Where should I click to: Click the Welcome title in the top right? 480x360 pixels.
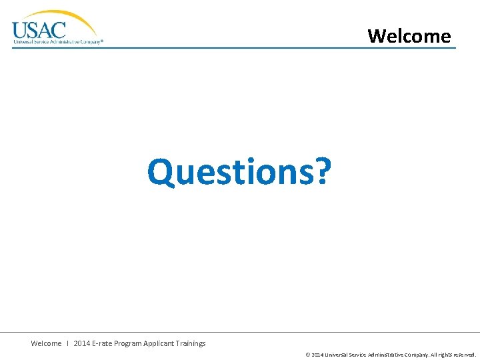pyautogui.click(x=409, y=35)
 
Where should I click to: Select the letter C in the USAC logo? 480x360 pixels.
pyautogui.click(x=59, y=30)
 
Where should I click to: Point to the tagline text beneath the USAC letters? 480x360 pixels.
pyautogui.click(x=58, y=41)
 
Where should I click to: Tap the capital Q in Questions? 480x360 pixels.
pyautogui.click(x=163, y=172)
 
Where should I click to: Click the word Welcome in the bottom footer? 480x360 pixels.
pyautogui.click(x=46, y=343)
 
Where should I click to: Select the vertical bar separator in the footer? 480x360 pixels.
pyautogui.click(x=68, y=343)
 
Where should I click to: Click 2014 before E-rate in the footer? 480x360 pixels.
pyautogui.click(x=83, y=343)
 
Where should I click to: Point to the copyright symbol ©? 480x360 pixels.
pyautogui.click(x=307, y=355)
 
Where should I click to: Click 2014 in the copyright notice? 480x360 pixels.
pyautogui.click(x=317, y=355)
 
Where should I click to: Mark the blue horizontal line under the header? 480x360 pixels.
pyautogui.click(x=233, y=48)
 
